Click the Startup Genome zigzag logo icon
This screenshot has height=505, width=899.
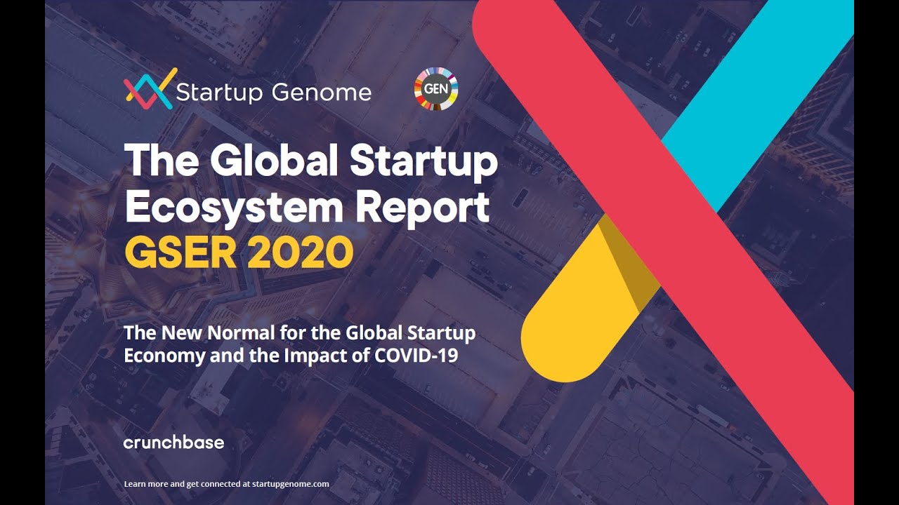click(x=149, y=89)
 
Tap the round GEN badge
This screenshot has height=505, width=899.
click(x=435, y=90)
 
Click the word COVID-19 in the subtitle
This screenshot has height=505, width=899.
click(x=416, y=355)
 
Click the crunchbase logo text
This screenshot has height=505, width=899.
click(x=174, y=443)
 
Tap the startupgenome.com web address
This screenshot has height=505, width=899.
click(x=293, y=484)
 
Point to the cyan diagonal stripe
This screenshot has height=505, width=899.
click(x=759, y=78)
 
